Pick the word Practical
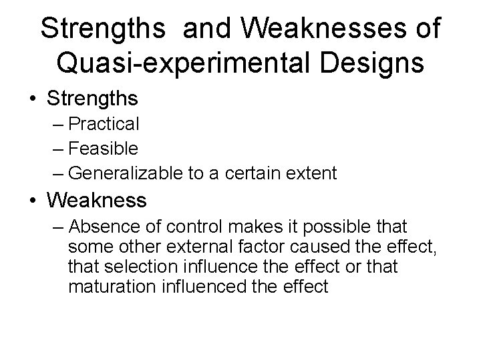click(104, 124)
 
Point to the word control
click(174, 226)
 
